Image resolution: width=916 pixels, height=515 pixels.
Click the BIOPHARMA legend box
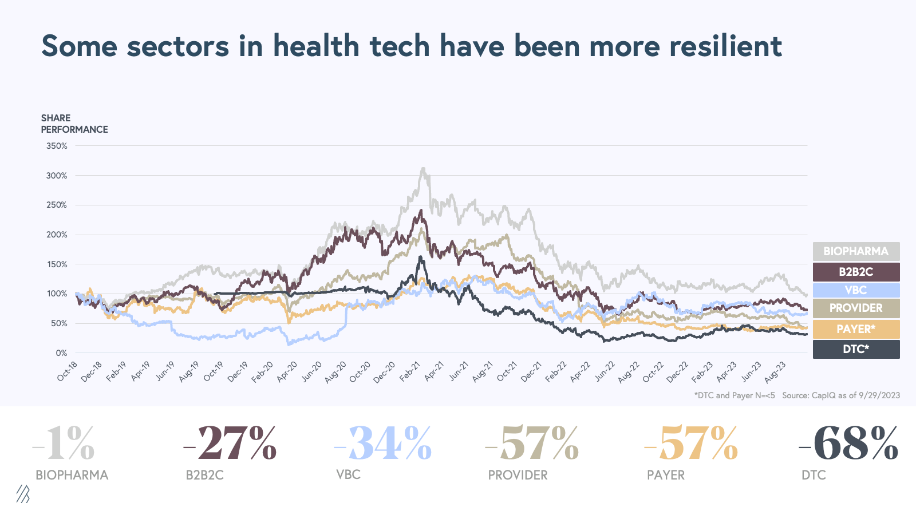[x=856, y=251]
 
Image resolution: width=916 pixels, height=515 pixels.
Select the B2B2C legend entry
[x=856, y=272]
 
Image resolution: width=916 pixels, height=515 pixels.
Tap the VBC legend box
[x=856, y=290]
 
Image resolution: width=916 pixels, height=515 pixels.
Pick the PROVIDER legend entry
[x=856, y=308]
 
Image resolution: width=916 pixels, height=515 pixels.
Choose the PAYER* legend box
[x=856, y=329]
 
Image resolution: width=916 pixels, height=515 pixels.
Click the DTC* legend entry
[x=856, y=349]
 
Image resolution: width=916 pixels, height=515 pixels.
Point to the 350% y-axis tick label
[x=57, y=146]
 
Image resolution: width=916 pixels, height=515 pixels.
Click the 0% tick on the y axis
[x=61, y=353]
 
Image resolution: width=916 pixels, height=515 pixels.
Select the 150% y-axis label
[x=57, y=264]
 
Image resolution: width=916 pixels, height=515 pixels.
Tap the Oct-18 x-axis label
[x=68, y=371]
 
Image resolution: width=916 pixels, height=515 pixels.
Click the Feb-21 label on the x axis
[x=410, y=371]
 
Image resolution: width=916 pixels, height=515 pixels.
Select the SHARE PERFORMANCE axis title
[x=74, y=124]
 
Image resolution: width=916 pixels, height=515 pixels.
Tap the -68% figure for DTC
[x=848, y=443]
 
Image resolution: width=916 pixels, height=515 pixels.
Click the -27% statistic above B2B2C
[x=230, y=443]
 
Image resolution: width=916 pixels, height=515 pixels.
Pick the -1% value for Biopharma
[x=64, y=443]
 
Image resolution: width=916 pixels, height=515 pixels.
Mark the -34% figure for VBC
[x=382, y=443]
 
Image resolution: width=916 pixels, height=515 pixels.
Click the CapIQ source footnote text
[x=840, y=395]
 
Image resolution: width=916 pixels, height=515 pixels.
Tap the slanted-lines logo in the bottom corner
[x=23, y=494]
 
